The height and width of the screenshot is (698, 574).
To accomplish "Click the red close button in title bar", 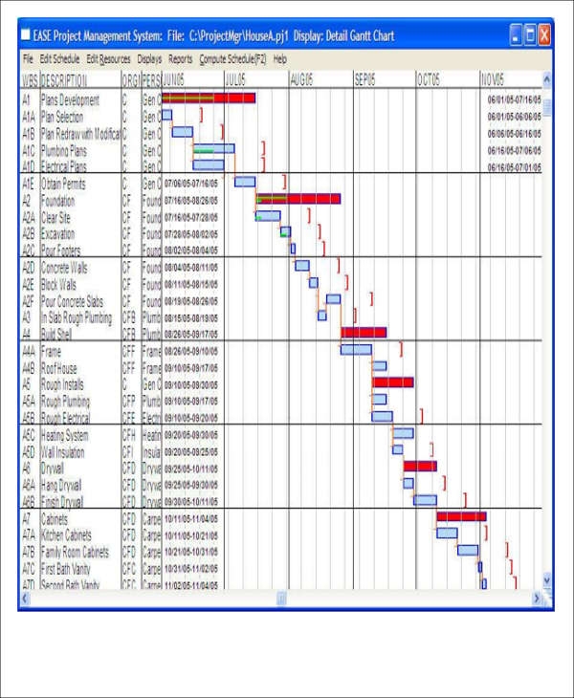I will [x=543, y=36].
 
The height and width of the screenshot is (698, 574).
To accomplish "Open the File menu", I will [x=28, y=58].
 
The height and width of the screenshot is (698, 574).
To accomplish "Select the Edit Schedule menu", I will [x=58, y=58].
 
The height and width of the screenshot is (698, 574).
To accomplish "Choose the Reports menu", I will [x=181, y=58].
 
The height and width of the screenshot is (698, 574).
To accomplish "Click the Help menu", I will [x=279, y=58].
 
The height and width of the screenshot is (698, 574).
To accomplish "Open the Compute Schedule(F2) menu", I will [x=232, y=58].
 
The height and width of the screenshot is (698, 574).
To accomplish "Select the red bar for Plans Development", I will [x=209, y=98].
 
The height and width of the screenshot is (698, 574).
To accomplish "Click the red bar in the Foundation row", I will [x=298, y=199].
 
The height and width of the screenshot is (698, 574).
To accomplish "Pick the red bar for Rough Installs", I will [x=392, y=382].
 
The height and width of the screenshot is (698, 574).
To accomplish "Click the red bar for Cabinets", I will [x=461, y=516].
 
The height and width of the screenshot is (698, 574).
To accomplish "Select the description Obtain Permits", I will [x=64, y=182].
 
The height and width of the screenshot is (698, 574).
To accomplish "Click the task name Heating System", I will [x=69, y=434].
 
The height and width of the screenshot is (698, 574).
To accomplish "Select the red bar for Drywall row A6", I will [x=419, y=467].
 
